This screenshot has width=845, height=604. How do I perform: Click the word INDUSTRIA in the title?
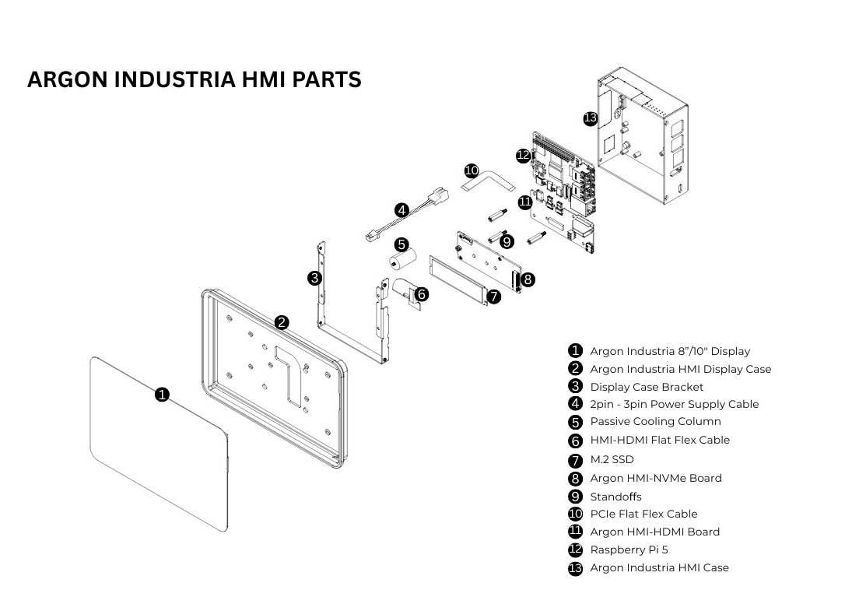point(175,79)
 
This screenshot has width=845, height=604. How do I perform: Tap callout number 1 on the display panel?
point(162,394)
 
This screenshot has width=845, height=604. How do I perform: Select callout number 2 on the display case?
point(282,322)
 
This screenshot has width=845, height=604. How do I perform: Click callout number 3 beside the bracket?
point(314,279)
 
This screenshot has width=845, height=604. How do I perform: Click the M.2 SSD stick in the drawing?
point(458,279)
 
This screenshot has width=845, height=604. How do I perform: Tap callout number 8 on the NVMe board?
point(528,279)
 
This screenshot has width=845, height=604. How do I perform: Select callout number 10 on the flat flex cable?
point(472,171)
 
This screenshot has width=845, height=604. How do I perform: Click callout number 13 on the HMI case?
point(591,118)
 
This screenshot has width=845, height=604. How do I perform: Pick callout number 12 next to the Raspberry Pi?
point(524,156)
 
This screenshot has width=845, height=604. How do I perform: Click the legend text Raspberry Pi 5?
point(629,550)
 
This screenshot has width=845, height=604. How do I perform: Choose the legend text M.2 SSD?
point(612,459)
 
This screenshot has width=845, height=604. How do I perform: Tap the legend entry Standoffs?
point(615,496)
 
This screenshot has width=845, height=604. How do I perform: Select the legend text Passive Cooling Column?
point(655,421)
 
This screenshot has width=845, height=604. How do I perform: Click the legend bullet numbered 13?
point(576,568)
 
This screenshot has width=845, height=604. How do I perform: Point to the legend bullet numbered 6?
point(576,441)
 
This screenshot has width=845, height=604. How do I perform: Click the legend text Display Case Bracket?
point(647,387)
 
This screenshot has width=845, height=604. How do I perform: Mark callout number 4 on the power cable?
point(401,210)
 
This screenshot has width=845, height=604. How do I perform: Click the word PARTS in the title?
point(327,79)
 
